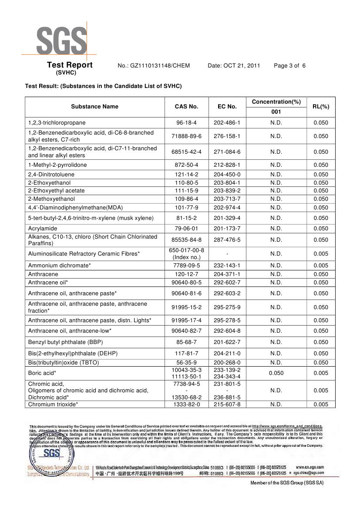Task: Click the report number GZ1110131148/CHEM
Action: pos(154,66)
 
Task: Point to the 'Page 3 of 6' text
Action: pos(289,66)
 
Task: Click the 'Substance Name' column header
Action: pos(94,107)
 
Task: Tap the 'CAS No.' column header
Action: pos(186,107)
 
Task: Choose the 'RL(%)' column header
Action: pos(321,107)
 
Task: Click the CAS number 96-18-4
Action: pos(186,123)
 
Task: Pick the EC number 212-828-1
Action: pos(227,165)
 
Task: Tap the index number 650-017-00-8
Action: pos(186,250)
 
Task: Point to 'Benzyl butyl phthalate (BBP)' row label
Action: pos(65,342)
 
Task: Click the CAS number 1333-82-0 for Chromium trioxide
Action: pos(186,405)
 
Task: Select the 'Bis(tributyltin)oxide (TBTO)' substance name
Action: pos(64,362)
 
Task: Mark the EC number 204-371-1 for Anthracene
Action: pos(227,274)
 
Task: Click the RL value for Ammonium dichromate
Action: pos(321,266)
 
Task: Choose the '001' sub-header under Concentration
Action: pos(276,112)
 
